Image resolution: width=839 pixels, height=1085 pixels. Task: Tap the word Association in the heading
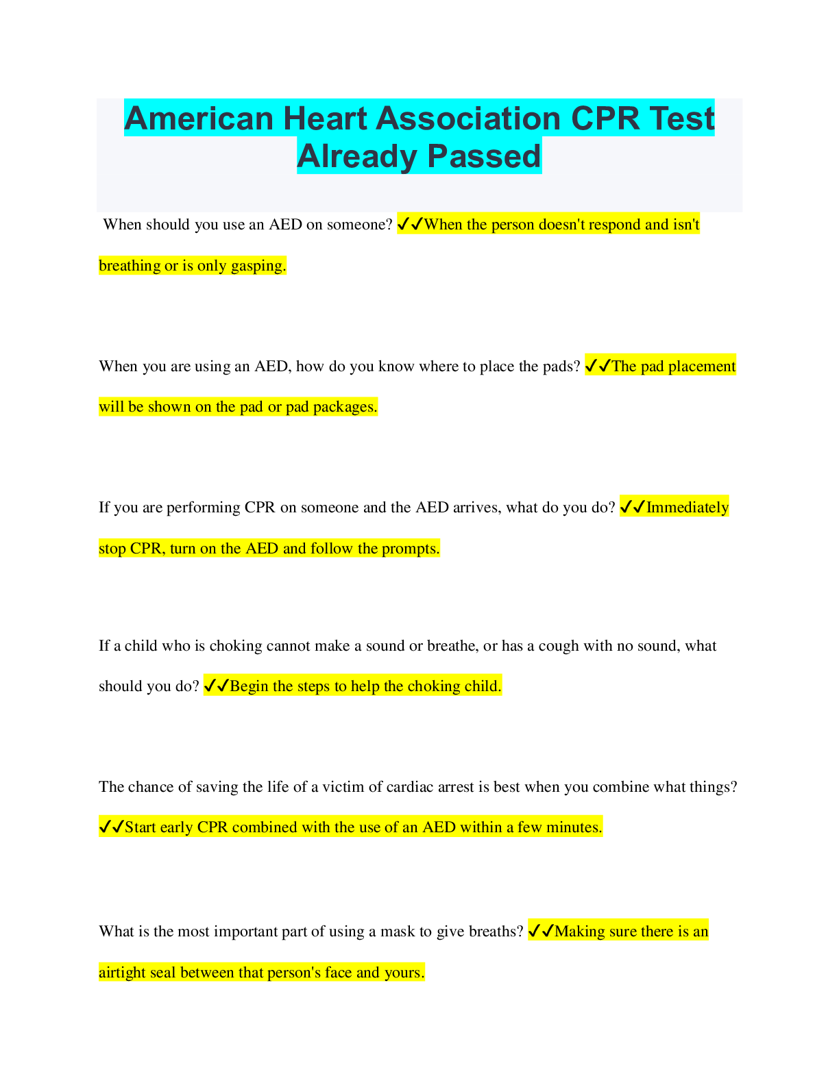click(468, 119)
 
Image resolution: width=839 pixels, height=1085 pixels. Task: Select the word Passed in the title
click(484, 156)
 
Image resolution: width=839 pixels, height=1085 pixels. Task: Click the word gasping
click(258, 266)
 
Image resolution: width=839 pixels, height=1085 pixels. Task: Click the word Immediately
click(687, 508)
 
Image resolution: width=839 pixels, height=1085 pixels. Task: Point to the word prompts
click(411, 549)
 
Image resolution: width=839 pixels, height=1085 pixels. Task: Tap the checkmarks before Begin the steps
click(217, 686)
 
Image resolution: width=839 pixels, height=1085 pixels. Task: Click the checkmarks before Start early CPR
click(112, 827)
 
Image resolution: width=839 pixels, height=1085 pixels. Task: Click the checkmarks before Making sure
click(542, 931)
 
